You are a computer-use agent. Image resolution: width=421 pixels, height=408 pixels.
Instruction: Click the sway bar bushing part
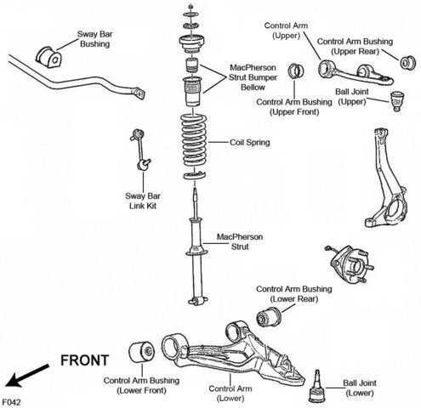coord(48,57)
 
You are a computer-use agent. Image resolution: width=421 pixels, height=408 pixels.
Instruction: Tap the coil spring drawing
coord(194,139)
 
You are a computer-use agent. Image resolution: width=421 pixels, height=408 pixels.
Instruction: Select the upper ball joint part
coord(397,101)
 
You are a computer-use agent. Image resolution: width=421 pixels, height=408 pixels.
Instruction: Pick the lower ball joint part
coord(317,388)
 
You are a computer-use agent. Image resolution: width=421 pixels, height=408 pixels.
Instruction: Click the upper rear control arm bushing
coord(408,63)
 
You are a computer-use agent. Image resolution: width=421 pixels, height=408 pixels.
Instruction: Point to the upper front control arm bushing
coord(296,71)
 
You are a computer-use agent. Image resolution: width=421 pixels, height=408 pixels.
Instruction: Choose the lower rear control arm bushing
coord(269,317)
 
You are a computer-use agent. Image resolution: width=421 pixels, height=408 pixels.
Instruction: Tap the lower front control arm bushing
coord(142,352)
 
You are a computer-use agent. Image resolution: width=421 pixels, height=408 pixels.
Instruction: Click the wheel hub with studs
coord(350,263)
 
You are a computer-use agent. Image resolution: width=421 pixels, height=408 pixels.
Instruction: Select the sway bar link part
coord(140,150)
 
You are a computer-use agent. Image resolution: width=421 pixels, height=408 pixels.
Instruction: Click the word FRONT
coord(85,360)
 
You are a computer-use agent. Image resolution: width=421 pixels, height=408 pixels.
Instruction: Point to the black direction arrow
coord(27,376)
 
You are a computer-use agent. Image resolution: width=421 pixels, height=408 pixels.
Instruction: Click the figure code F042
coord(12,402)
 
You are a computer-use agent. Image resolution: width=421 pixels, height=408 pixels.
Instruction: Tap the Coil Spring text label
coord(249,142)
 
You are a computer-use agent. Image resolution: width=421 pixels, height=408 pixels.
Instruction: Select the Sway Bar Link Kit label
coord(143,201)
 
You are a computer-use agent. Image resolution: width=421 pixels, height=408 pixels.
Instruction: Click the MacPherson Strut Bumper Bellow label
coord(253,77)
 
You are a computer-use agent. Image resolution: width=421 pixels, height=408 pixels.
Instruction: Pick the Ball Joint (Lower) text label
coord(360,388)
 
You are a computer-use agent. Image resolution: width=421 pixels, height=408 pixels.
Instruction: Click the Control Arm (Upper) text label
coord(286,31)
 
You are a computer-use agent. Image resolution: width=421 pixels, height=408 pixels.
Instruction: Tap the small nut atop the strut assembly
coord(191,5)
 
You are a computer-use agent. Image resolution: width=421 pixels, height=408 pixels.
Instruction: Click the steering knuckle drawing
coord(383,178)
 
